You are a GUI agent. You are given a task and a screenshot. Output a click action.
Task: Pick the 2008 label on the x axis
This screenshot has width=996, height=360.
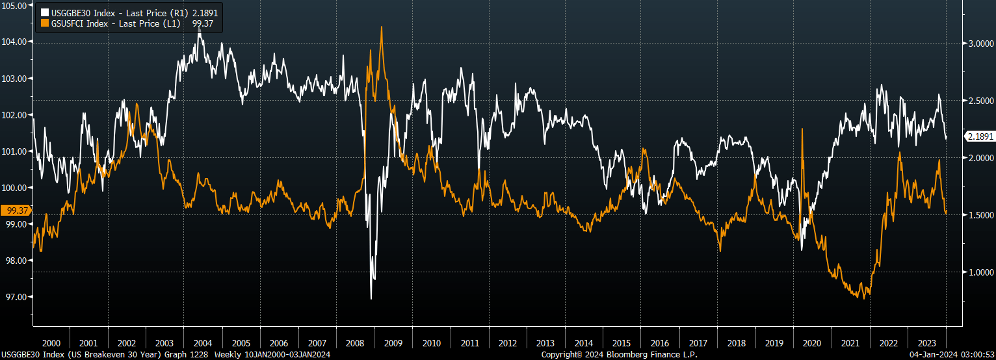(355, 343)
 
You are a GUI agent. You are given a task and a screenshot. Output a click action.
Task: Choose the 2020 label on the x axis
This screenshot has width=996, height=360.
(813, 343)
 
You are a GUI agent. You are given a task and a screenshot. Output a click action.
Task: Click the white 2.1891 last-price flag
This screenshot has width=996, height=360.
(980, 136)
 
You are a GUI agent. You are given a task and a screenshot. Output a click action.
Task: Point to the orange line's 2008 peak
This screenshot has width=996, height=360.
(381, 27)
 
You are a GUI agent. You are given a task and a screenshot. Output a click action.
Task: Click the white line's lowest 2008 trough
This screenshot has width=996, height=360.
(371, 298)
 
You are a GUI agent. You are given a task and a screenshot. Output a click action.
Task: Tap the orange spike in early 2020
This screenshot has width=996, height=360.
(802, 129)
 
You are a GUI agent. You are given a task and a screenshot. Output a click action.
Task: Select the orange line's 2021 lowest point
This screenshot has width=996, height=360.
(865, 298)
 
